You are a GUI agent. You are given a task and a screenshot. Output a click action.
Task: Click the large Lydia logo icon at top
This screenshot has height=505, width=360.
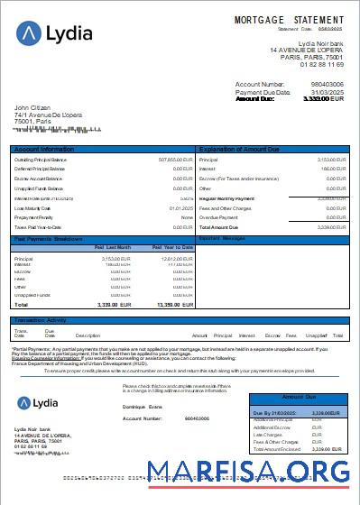click(x=29, y=34)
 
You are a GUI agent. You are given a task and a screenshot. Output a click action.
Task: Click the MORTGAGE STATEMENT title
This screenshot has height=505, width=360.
click(x=289, y=19)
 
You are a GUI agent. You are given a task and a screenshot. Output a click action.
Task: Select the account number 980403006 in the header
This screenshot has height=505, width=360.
click(x=327, y=84)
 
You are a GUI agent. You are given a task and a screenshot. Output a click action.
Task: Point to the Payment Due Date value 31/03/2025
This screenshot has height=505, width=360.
click(x=328, y=92)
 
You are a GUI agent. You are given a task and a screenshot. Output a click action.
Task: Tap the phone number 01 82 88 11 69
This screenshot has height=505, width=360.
click(x=322, y=65)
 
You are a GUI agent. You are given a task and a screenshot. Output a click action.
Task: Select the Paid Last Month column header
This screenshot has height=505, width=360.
click(x=113, y=246)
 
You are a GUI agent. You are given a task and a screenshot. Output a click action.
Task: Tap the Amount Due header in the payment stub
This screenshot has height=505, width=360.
click(x=300, y=397)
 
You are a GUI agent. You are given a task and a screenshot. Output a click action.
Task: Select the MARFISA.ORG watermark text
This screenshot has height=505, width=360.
click(x=248, y=471)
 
